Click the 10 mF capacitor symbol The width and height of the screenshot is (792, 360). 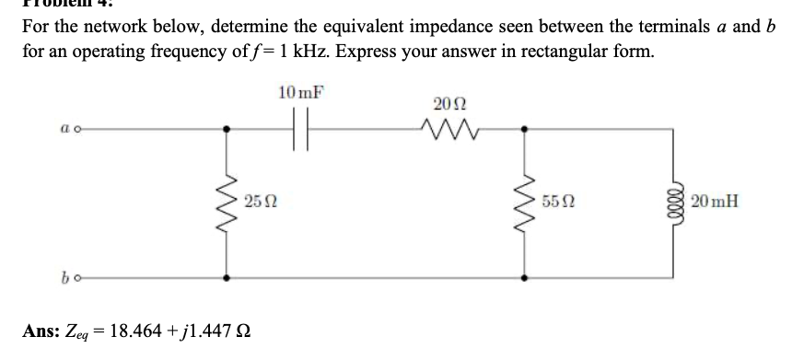[296, 129]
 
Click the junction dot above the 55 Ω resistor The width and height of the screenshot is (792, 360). [525, 130]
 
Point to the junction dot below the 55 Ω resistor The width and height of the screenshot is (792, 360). [525, 273]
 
